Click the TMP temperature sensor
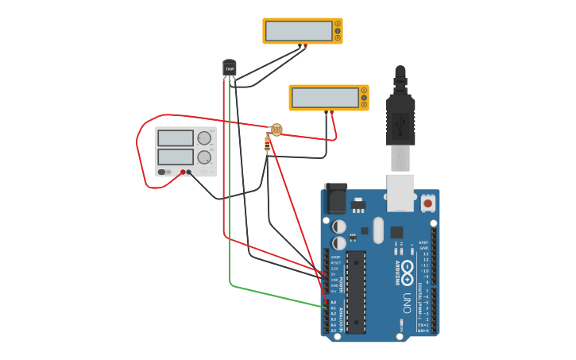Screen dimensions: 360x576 coord(230,69)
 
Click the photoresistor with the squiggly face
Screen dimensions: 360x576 coord(276,129)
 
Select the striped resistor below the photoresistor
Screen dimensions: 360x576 coord(267,144)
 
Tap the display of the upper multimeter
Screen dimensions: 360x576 coord(299,31)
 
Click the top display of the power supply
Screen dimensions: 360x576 coord(175,138)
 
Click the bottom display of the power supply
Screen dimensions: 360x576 coord(175,157)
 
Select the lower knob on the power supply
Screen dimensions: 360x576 coord(204,157)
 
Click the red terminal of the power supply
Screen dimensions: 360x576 coord(183,172)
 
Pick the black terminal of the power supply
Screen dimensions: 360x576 coord(189,172)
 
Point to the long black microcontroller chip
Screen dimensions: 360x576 coord(356,292)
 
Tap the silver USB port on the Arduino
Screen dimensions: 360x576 coord(400,192)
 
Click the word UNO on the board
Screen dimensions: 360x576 coord(406,303)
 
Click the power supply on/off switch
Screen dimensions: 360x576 coord(162,172)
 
